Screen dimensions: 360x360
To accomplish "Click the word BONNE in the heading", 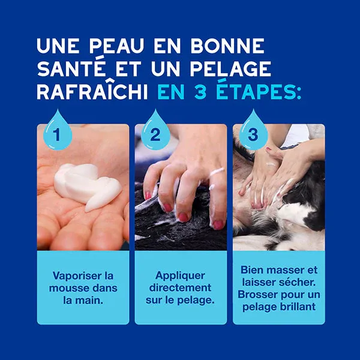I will (226, 46).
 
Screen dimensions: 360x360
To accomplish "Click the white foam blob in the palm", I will (86, 183).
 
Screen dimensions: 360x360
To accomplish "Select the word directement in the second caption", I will (180, 287).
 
